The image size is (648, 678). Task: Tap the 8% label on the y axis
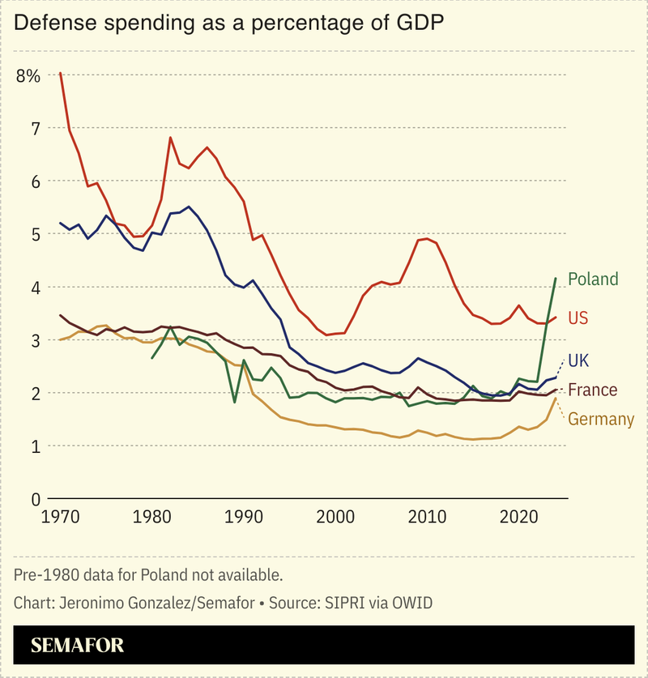[x=28, y=75]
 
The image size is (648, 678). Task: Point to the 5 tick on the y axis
[x=35, y=234]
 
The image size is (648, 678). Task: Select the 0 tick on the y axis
[x=35, y=499]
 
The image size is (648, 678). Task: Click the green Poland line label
[x=593, y=279]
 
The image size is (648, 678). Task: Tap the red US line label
[x=578, y=318]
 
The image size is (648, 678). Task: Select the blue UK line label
[x=578, y=360]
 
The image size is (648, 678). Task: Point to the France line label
[x=592, y=390]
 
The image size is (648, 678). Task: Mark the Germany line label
[x=601, y=419]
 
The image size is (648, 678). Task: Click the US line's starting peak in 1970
[x=61, y=73]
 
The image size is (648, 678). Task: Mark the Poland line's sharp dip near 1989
[x=235, y=402]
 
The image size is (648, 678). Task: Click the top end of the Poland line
[x=556, y=278]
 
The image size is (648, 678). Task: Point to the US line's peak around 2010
[x=427, y=239]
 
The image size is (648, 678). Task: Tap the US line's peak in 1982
[x=170, y=138]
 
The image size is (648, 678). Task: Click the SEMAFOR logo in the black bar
[x=78, y=646]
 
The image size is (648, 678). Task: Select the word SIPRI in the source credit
[x=341, y=603]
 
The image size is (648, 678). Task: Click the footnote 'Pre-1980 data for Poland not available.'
[x=148, y=575]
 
